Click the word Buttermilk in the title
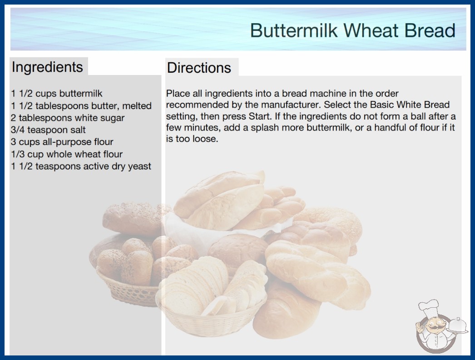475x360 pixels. (x=294, y=30)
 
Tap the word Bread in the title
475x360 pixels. (x=430, y=30)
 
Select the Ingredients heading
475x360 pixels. (x=47, y=67)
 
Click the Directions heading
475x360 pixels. (x=199, y=68)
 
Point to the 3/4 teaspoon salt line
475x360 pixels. (x=48, y=130)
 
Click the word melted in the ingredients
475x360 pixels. (x=136, y=106)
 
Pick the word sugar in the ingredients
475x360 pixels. (x=112, y=118)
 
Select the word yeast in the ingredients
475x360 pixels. (x=139, y=166)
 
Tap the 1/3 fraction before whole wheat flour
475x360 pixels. (x=18, y=154)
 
